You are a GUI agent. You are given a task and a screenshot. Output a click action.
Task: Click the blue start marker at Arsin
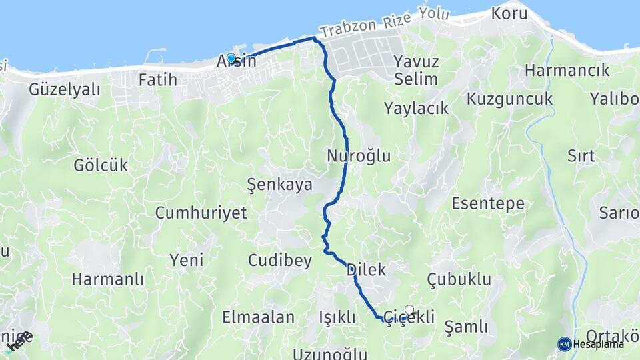pos(231,59)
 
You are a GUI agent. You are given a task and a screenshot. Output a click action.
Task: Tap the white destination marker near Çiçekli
pos(409,310)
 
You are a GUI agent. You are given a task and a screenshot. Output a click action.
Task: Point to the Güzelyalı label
pos(64,89)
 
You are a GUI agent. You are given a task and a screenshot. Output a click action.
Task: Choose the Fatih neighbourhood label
pos(158,80)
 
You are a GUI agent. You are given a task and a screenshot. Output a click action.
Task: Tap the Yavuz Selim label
pos(416,70)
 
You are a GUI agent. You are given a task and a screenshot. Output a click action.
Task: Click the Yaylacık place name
pos(417,108)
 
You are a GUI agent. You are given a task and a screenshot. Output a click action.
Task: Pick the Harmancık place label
pos(567,70)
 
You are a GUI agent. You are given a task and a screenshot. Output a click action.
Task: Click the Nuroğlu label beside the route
pos(359,156)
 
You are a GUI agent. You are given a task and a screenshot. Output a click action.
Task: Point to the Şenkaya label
pos(279,185)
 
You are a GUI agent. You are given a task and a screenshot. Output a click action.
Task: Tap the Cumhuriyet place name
pos(201,213)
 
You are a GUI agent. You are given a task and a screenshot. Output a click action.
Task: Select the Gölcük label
pos(101,165)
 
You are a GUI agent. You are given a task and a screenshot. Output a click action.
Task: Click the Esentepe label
pos(488,203)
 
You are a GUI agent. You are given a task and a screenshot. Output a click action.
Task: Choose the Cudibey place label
pos(280,261)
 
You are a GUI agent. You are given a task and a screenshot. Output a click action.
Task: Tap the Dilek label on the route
pos(367,270)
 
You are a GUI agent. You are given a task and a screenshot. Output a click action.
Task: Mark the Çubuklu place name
pos(459,279)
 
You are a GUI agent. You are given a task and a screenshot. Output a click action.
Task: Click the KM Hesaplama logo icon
pos(565,344)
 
